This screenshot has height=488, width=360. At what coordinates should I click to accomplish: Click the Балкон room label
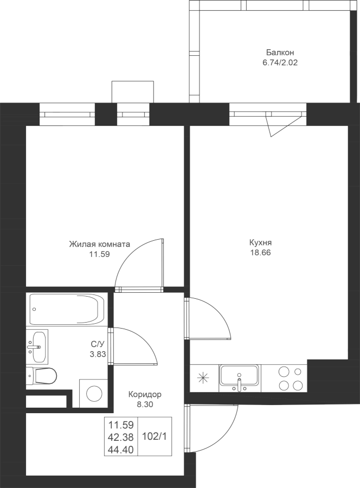pyautogui.click(x=280, y=52)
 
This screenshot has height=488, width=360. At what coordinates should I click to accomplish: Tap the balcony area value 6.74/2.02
pyautogui.click(x=280, y=62)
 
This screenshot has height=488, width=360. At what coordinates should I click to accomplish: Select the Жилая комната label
pyautogui.click(x=99, y=244)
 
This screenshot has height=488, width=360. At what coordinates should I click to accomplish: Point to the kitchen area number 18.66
pyautogui.click(x=261, y=253)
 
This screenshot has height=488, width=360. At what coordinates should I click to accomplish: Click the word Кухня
pyautogui.click(x=261, y=242)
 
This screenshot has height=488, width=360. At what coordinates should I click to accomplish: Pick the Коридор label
pyautogui.click(x=145, y=395)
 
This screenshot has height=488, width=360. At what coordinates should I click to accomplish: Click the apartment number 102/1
pyautogui.click(x=155, y=436)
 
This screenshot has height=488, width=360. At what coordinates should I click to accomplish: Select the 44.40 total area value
pyautogui.click(x=121, y=450)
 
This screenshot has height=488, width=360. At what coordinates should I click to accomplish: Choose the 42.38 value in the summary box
pyautogui.click(x=121, y=437)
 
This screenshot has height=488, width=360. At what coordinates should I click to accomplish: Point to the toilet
pyautogui.click(x=41, y=376)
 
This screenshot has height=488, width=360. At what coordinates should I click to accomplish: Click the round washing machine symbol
pyautogui.click(x=94, y=394)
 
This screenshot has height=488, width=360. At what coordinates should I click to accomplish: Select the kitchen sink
pyautogui.click(x=239, y=378)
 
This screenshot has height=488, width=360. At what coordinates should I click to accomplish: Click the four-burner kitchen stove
pyautogui.click(x=291, y=378)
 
